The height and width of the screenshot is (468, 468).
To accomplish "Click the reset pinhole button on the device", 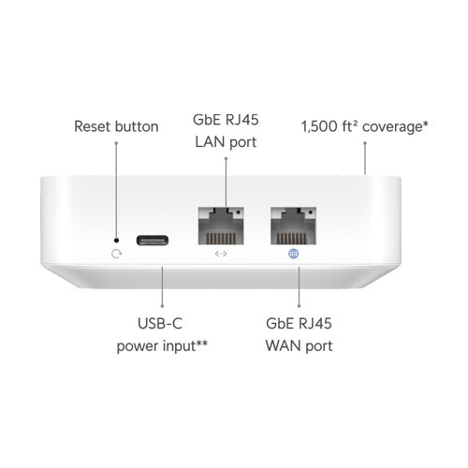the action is pyautogui.click(x=116, y=241).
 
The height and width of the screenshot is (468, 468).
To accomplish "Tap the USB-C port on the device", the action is pyautogui.click(x=153, y=241).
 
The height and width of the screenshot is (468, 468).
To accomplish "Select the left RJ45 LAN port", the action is pyautogui.click(x=221, y=226).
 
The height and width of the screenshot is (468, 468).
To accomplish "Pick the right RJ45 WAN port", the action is pyautogui.click(x=293, y=226).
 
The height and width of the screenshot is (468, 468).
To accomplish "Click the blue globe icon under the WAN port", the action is pyautogui.click(x=293, y=254).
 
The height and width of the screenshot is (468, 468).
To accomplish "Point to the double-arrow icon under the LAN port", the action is pyautogui.click(x=221, y=254).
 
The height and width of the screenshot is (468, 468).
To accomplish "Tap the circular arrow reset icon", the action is pyautogui.click(x=116, y=254).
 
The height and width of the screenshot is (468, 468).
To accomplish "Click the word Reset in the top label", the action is pyautogui.click(x=93, y=126).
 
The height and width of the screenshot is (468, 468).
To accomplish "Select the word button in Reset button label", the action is pyautogui.click(x=137, y=126).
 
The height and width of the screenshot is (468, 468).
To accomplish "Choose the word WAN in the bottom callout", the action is pyautogui.click(x=284, y=346).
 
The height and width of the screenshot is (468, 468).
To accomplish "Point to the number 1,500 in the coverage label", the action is pyautogui.click(x=319, y=126).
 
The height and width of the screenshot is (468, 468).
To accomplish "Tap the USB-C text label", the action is pyautogui.click(x=160, y=323).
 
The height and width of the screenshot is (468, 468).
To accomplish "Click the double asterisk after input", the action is pyautogui.click(x=201, y=343).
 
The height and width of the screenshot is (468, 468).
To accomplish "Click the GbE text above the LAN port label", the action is pyautogui.click(x=207, y=120).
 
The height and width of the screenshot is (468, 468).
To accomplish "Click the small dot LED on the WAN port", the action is pyautogui.click(x=311, y=212).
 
